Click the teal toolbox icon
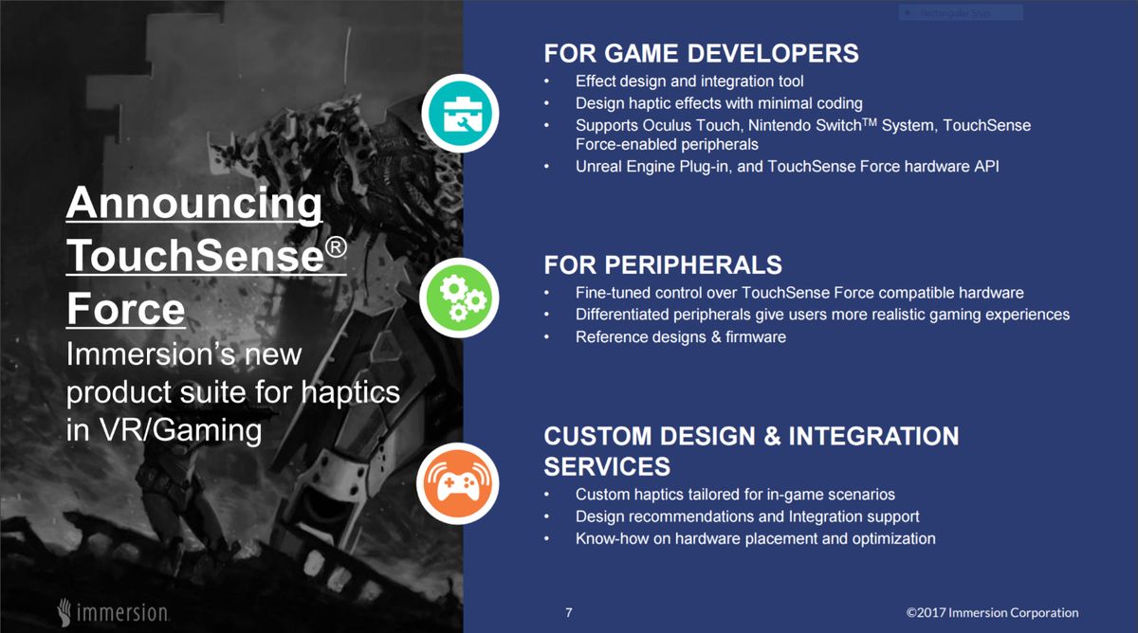pyautogui.click(x=460, y=112)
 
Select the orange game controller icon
pyautogui.click(x=460, y=483)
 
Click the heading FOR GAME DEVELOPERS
pyautogui.click(x=701, y=52)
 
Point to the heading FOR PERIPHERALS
pyautogui.click(x=663, y=263)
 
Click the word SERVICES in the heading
pyautogui.click(x=606, y=466)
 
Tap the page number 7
pyautogui.click(x=569, y=612)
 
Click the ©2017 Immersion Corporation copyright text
pyautogui.click(x=992, y=612)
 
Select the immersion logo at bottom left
pyautogui.click(x=113, y=610)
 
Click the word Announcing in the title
pyautogui.click(x=194, y=204)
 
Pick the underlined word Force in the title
pyautogui.click(x=125, y=309)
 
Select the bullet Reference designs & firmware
pyautogui.click(x=680, y=336)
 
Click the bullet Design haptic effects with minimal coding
pyautogui.click(x=718, y=103)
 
